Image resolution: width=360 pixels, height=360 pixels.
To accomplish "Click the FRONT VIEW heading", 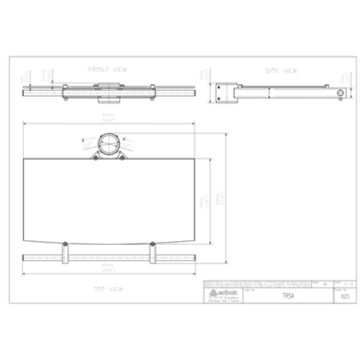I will click(x=108, y=70).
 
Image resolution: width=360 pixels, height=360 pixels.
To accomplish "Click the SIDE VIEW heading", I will click(x=282, y=71).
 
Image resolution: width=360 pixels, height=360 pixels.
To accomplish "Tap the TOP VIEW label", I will click(x=108, y=289).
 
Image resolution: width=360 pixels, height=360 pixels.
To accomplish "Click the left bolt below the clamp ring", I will click(x=95, y=158).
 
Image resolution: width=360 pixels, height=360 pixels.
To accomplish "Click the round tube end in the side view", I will click(x=340, y=93).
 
